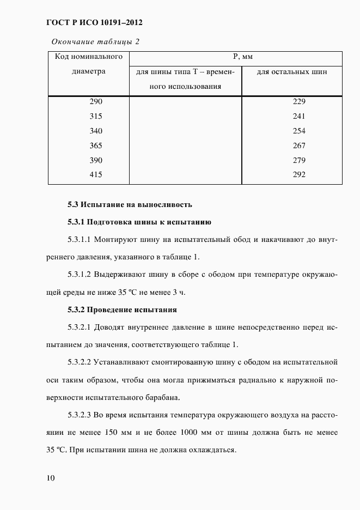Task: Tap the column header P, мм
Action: (235, 57)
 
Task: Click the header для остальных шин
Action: (291, 72)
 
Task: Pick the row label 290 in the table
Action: (95, 101)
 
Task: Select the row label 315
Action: (95, 116)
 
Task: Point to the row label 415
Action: (95, 174)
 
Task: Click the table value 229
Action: (299, 101)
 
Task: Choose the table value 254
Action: (299, 131)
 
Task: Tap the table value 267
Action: (299, 145)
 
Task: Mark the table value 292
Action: (299, 174)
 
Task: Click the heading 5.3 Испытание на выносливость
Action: (130, 205)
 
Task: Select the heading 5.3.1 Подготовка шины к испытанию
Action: (139, 222)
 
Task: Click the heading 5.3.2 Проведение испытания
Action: (123, 310)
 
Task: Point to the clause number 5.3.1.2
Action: (80, 275)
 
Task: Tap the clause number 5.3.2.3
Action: (80, 415)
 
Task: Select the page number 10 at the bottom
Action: (50, 478)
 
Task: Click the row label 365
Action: (95, 145)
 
